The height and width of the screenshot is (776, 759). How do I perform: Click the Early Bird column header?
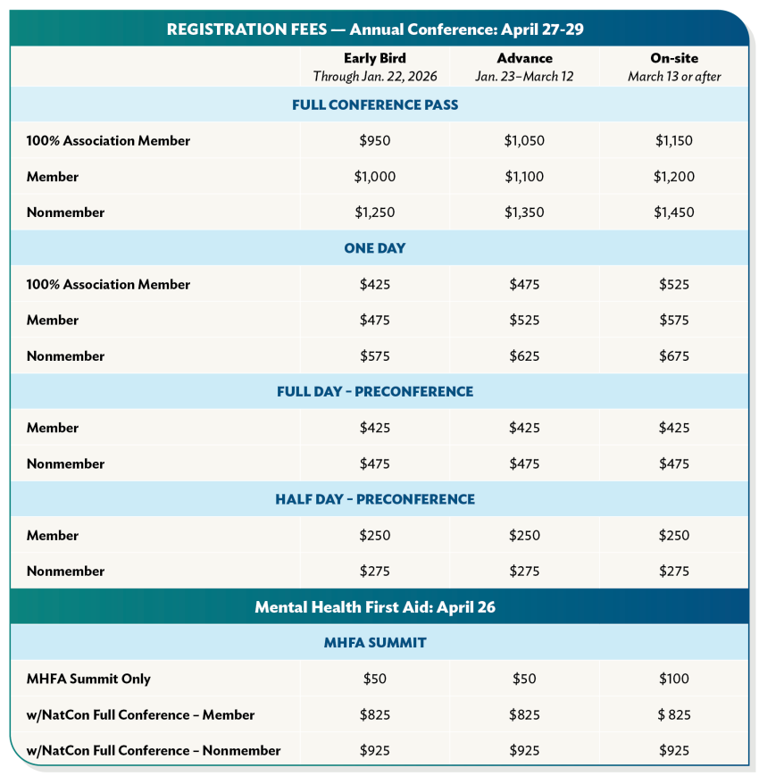pos(374,59)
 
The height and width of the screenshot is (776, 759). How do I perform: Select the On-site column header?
pos(674,59)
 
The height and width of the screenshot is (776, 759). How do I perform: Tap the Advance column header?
pos(524,59)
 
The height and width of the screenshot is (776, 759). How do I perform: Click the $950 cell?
pos(374,140)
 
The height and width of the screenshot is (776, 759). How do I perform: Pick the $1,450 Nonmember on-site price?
pos(674,213)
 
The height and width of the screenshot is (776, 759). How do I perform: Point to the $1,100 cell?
pos(524,177)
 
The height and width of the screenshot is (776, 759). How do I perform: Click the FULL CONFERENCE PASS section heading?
pos(375,104)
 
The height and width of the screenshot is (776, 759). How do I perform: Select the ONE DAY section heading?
pos(375,248)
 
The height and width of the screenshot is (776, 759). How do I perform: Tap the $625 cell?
pos(524,356)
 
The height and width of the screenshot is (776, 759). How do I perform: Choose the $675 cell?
pos(674,356)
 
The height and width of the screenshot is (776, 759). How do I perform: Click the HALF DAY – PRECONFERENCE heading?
pos(375,499)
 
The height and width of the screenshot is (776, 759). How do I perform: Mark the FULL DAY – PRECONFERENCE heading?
pos(375,392)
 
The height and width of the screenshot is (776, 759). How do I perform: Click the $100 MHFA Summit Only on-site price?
pos(674,679)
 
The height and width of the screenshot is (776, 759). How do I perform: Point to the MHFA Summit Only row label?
pos(88,679)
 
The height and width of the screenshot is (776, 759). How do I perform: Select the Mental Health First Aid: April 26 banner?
pos(375,607)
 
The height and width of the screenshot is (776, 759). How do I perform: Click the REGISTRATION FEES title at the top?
pos(375,29)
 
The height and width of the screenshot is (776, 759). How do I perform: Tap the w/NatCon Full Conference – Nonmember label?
pos(153,751)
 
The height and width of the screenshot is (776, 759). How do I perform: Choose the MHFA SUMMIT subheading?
pos(375,643)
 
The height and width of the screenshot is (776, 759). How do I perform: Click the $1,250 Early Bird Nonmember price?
pos(374,213)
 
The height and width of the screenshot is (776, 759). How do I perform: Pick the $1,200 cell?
pos(674,177)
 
